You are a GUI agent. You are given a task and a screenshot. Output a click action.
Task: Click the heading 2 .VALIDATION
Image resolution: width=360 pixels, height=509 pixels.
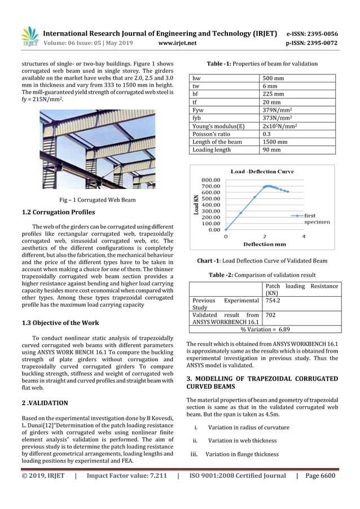(x=45, y=403)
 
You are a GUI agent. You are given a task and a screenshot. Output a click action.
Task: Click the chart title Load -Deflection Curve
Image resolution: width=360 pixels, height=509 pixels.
(x=262, y=171)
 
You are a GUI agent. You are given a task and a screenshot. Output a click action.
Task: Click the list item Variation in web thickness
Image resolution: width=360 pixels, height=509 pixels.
(x=242, y=440)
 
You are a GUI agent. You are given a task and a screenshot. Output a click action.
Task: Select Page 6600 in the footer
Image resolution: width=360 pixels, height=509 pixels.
(x=320, y=475)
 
